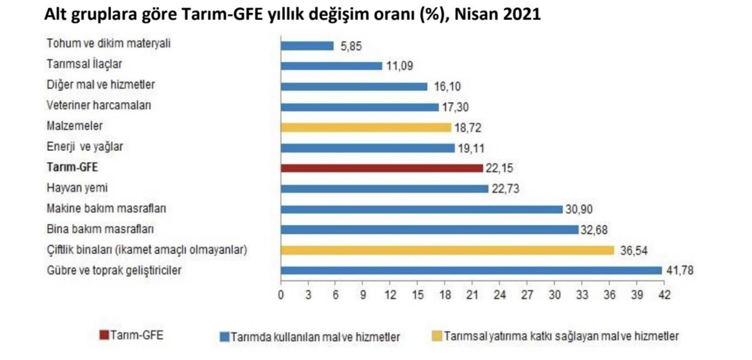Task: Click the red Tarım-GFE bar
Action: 382,168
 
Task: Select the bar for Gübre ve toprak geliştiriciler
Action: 471,270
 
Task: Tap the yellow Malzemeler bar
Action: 366,127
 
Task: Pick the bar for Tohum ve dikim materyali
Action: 307,46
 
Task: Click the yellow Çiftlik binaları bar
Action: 448,250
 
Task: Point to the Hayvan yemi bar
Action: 385,189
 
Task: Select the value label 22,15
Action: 501,169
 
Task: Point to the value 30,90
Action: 580,209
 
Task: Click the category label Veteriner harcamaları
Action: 90,106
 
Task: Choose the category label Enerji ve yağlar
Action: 85,147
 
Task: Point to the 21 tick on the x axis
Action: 472,295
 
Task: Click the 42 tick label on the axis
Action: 664,295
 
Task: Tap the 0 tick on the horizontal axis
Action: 281,295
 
